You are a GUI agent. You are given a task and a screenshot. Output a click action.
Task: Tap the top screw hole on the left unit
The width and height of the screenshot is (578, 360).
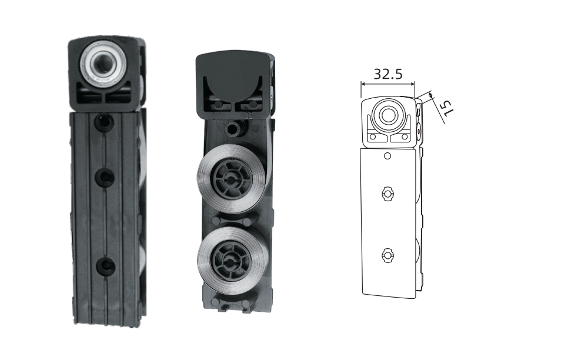104,122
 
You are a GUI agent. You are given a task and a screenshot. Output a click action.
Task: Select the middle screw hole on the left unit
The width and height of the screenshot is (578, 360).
105,178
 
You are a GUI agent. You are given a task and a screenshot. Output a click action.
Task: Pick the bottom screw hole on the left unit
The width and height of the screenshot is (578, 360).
106,266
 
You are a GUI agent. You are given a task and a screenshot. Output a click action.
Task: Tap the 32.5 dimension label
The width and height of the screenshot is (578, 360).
388,74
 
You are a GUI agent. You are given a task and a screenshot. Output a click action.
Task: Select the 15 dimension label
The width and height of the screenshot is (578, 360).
446,108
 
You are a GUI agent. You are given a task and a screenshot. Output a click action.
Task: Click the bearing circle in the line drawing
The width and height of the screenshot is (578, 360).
387,115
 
